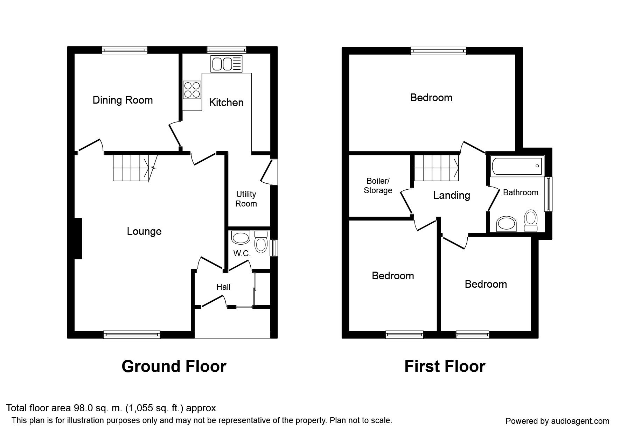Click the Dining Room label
pyautogui.click(x=123, y=100)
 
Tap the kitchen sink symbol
pyautogui.click(x=227, y=64)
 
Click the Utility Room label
pyautogui.click(x=246, y=199)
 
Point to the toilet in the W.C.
pyautogui.click(x=261, y=242)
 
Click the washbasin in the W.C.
pyautogui.click(x=241, y=238)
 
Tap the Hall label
pyautogui.click(x=223, y=287)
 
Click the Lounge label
pyautogui.click(x=144, y=231)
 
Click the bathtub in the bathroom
pyautogui.click(x=517, y=166)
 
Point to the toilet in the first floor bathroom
pyautogui.click(x=531, y=220)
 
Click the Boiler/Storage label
pyautogui.click(x=378, y=186)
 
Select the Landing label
pyautogui.click(x=452, y=195)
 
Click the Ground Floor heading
pyautogui.click(x=174, y=366)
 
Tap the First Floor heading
pyautogui.click(x=445, y=366)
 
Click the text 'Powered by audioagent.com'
pyautogui.click(x=557, y=421)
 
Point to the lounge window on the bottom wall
pyautogui.click(x=132, y=335)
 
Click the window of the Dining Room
pyautogui.click(x=125, y=50)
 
